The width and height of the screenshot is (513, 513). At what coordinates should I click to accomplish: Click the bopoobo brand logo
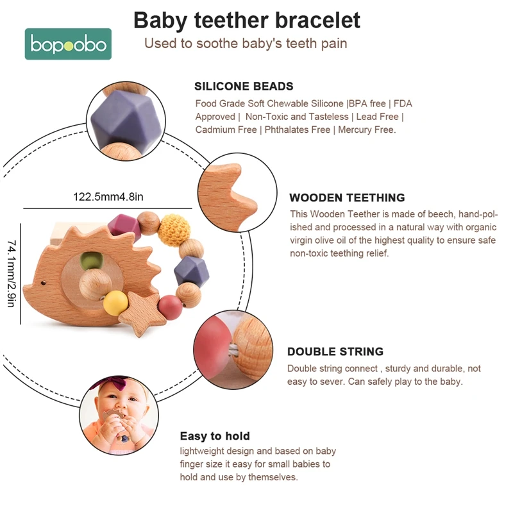coord(68,44)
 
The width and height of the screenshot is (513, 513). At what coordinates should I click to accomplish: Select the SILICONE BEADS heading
coord(244,86)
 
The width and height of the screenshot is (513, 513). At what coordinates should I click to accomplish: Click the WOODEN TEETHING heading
coord(347,198)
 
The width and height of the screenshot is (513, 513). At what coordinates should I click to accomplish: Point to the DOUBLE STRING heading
coord(335,351)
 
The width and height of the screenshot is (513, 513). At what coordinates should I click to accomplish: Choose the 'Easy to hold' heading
coord(215,436)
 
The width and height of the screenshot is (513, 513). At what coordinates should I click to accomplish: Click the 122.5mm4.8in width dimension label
coord(107,197)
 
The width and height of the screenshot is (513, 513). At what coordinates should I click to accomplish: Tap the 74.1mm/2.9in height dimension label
coord(11,273)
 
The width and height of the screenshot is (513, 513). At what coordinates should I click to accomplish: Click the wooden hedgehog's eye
coord(44,282)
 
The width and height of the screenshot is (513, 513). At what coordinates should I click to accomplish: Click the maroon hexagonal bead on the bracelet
coord(120,225)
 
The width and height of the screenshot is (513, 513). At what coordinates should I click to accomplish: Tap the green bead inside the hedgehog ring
coord(92,262)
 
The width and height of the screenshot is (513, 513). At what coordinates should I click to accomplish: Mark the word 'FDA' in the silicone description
coord(403,104)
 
